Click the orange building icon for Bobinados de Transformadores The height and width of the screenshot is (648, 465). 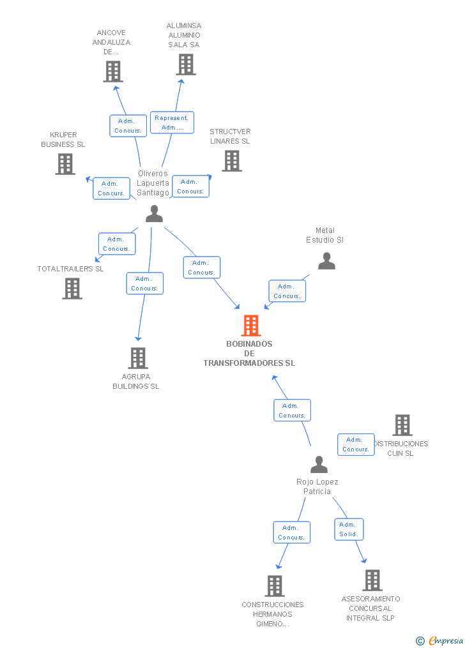[251, 326]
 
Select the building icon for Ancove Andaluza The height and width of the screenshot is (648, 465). [113, 72]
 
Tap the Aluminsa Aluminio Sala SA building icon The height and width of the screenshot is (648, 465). [186, 64]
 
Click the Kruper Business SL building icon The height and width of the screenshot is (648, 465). [65, 164]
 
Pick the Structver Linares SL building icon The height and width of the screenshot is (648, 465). [232, 161]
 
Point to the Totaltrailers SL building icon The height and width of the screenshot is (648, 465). [72, 289]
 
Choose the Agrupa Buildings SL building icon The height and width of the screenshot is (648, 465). [138, 358]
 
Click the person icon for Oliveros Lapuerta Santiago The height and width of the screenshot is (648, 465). [154, 214]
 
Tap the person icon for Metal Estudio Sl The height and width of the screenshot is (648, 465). [326, 260]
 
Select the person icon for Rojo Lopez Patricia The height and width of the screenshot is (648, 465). [319, 464]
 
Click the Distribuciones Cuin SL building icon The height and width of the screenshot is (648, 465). [402, 425]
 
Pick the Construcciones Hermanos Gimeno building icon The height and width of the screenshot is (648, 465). [275, 585]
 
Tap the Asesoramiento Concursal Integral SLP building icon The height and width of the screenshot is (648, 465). [372, 580]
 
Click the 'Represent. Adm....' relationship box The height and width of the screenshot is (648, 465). [172, 123]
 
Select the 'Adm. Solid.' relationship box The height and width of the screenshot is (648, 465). [349, 529]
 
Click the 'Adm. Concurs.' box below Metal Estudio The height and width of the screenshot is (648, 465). [287, 291]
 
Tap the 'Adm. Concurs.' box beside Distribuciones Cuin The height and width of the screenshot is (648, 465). [356, 444]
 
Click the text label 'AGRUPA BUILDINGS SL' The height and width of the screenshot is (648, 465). [136, 381]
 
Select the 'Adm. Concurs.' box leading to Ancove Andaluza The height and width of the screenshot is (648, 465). [128, 126]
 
